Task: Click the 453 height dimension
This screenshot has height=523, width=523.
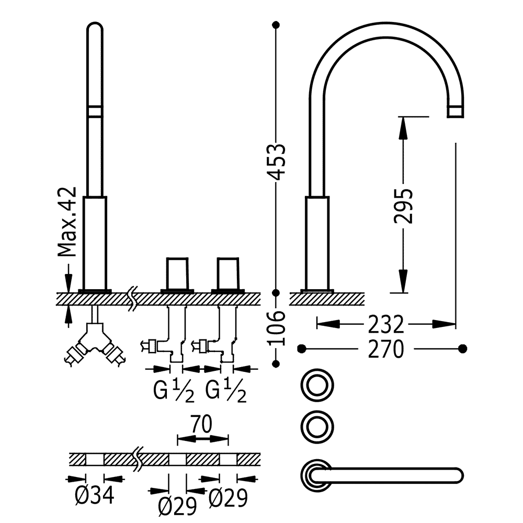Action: (277, 162)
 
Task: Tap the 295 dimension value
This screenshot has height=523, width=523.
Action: (403, 206)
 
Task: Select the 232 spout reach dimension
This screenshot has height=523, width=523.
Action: (386, 324)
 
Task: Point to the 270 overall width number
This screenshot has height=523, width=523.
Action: (386, 349)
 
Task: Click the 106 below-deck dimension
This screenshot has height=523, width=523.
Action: (277, 328)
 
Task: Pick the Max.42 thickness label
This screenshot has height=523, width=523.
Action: (67, 222)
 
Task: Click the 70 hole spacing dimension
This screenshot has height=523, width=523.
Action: (202, 424)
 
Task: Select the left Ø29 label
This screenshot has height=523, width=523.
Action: (177, 506)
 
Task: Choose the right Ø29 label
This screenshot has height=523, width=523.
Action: (228, 498)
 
